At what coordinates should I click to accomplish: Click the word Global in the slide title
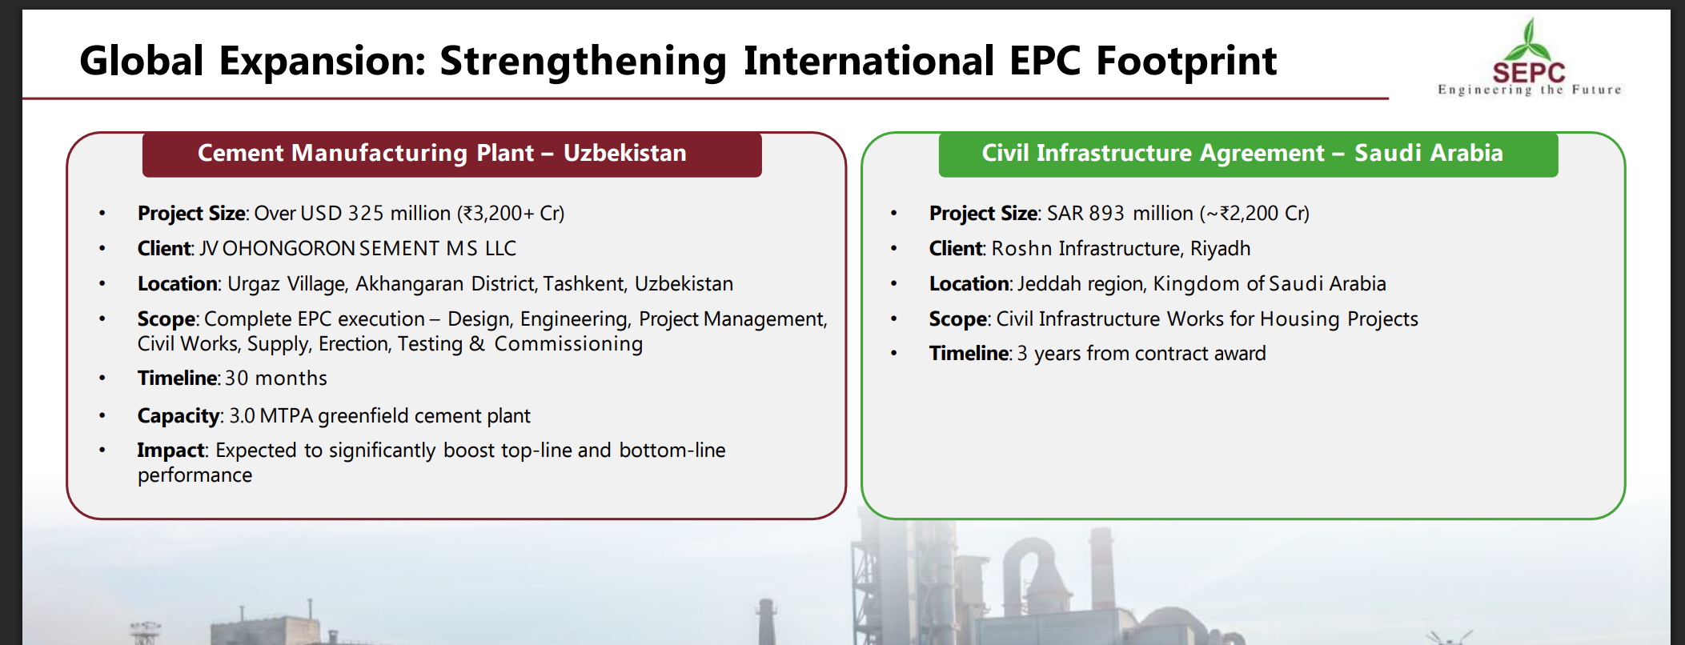click(x=142, y=61)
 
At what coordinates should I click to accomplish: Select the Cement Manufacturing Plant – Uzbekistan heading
click(x=442, y=153)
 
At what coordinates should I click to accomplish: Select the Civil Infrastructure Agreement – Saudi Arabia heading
click(x=1242, y=153)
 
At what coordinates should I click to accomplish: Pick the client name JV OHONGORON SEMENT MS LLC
click(x=358, y=249)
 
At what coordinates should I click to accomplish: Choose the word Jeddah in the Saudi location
click(x=1045, y=284)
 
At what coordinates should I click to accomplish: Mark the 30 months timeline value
click(x=276, y=379)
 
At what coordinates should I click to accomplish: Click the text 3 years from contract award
click(x=1141, y=354)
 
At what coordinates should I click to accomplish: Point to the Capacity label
click(x=179, y=416)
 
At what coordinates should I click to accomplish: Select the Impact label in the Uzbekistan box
click(x=171, y=451)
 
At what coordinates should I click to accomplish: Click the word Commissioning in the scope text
click(x=568, y=344)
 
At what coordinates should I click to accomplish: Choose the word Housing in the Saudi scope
click(x=1300, y=319)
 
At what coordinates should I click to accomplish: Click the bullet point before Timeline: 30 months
click(x=102, y=379)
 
